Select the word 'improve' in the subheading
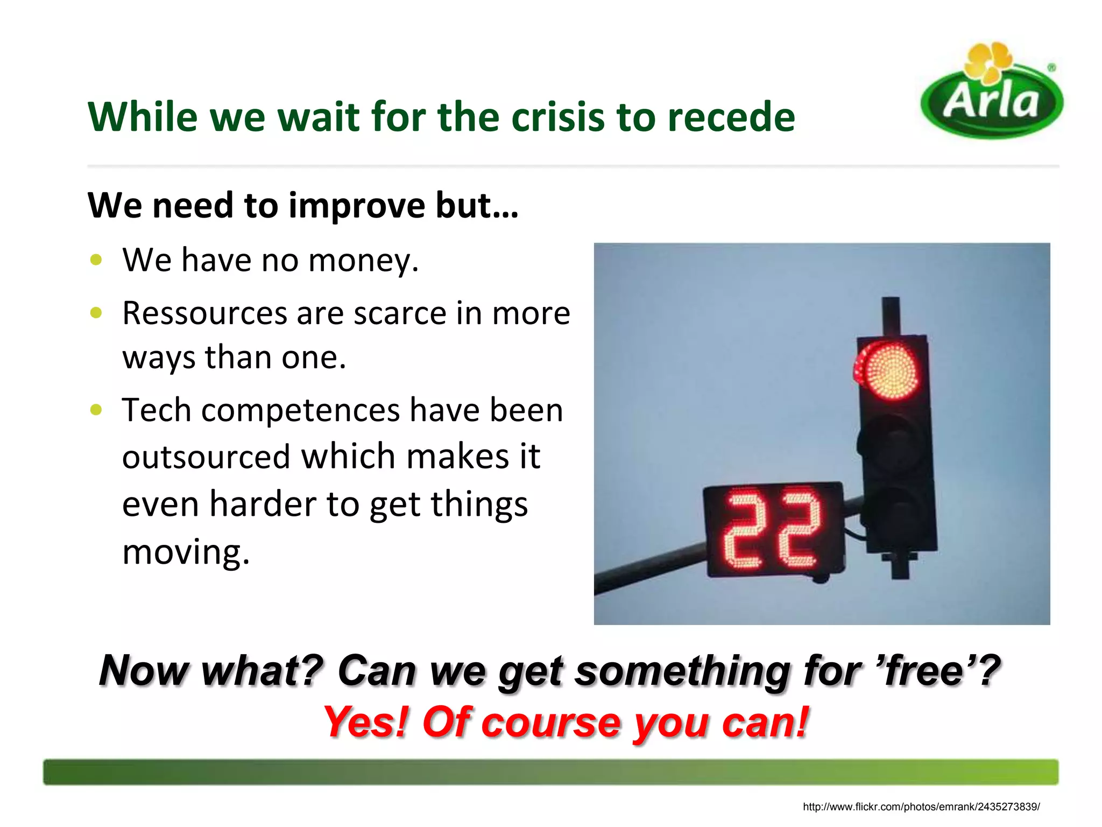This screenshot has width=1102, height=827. pyautogui.click(x=357, y=206)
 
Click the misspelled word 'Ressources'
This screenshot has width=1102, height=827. pyautogui.click(x=204, y=313)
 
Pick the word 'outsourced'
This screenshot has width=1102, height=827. pyautogui.click(x=206, y=457)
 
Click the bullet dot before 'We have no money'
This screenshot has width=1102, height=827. pyautogui.click(x=96, y=260)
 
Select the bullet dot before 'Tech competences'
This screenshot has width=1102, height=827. pyautogui.click(x=96, y=410)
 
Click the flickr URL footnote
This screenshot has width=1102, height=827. pyautogui.click(x=921, y=807)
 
